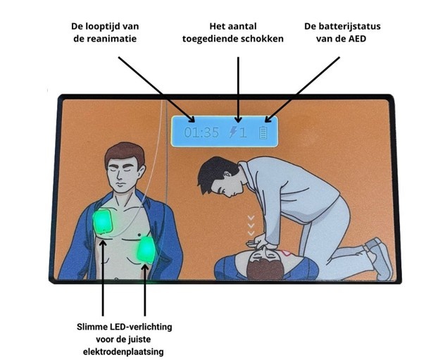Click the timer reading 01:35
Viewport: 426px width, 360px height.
[x=201, y=132]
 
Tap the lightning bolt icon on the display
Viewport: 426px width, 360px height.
[x=232, y=132]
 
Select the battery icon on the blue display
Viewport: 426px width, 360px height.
[x=264, y=132]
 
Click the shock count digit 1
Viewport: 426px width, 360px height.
[x=243, y=132]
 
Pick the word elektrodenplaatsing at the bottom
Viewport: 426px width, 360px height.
[x=124, y=352]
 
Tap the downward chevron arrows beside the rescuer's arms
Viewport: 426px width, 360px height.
[x=249, y=225]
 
